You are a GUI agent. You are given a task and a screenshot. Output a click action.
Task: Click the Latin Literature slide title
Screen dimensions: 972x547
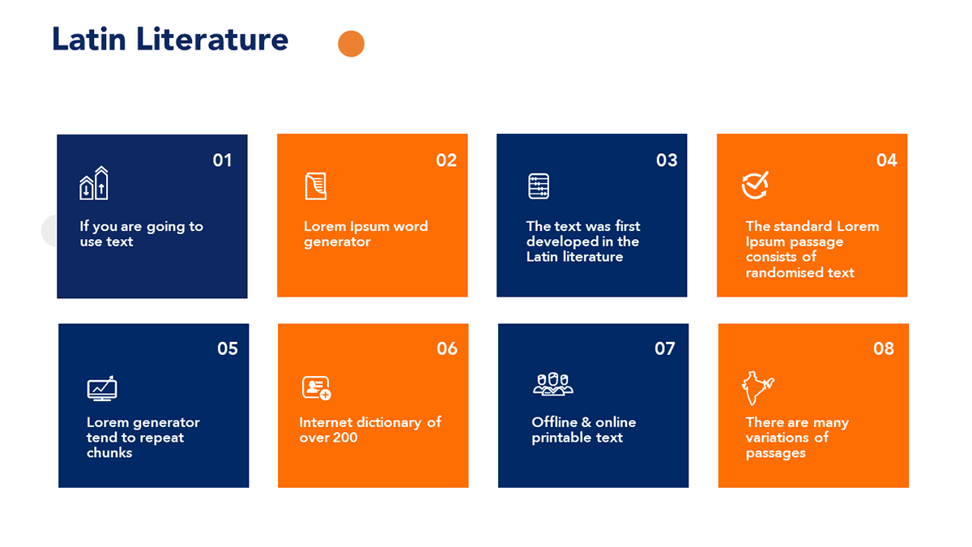[x=170, y=39]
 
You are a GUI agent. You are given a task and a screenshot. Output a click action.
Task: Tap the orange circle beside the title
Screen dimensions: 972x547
[x=351, y=44]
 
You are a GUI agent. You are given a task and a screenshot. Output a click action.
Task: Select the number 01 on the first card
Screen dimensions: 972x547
[x=222, y=160]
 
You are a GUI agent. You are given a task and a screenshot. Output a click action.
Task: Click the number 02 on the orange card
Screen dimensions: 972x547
[x=446, y=160]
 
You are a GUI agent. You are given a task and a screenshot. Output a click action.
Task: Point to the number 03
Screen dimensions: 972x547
[x=667, y=160]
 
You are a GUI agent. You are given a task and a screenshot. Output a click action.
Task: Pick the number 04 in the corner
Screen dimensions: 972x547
[x=886, y=160]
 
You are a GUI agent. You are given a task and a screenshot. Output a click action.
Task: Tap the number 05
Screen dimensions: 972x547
[x=228, y=348]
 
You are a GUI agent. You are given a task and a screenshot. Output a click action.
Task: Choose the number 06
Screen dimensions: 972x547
[x=447, y=348]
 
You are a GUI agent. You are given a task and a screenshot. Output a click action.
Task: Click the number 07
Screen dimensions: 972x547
[x=665, y=348]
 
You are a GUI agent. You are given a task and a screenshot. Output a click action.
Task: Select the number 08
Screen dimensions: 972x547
[x=884, y=348]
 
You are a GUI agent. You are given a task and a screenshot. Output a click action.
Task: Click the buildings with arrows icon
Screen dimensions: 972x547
[x=94, y=183]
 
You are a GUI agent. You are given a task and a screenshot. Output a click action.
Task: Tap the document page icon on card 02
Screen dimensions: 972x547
[x=315, y=186]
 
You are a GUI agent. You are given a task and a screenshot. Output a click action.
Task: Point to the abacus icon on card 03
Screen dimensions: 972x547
[x=539, y=186]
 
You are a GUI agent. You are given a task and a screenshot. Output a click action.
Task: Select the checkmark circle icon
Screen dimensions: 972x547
[x=755, y=186]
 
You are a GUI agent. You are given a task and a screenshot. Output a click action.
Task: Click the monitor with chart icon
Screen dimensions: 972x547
[x=102, y=388]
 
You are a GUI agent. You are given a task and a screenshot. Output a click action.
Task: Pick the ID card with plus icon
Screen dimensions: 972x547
[x=317, y=387]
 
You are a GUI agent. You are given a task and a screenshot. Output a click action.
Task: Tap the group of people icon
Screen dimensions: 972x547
[x=552, y=384]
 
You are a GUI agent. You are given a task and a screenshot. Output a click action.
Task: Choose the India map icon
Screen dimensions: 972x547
[x=757, y=388]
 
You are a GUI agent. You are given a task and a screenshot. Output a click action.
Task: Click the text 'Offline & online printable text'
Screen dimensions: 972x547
[x=584, y=429]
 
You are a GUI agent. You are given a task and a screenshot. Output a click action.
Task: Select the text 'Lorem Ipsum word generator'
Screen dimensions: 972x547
[x=366, y=233]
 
